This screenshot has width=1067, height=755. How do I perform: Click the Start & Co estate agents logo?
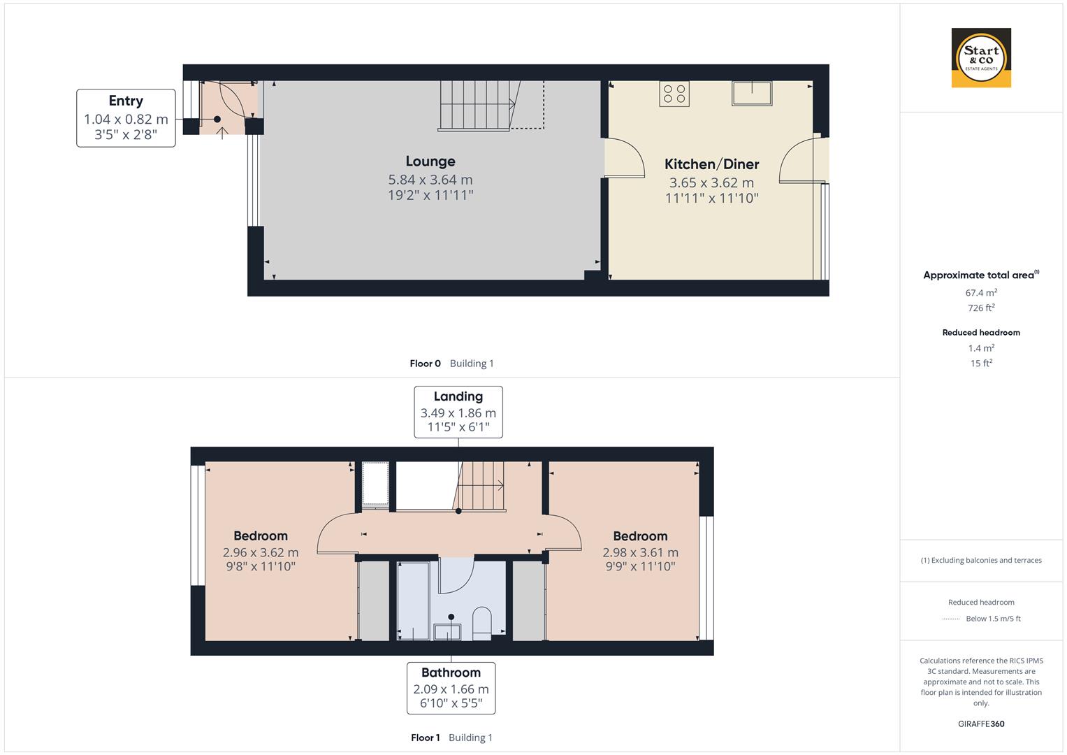click(x=981, y=57)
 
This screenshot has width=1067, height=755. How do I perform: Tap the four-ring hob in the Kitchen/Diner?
click(x=674, y=94)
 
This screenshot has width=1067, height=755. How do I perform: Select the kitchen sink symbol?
click(x=752, y=93)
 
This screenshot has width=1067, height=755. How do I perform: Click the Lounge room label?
click(x=430, y=161)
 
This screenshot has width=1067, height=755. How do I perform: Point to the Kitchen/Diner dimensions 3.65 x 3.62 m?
click(x=711, y=182)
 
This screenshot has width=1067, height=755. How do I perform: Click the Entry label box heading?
click(x=126, y=101)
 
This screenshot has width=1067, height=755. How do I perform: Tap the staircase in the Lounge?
click(x=479, y=106)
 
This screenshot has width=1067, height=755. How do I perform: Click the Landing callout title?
click(x=458, y=396)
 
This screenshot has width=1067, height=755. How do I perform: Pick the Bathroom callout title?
click(x=451, y=673)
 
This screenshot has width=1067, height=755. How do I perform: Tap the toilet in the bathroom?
click(x=481, y=622)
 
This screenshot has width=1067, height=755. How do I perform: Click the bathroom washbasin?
click(x=447, y=631)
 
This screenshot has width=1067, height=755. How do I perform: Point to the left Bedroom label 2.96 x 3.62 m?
click(x=261, y=552)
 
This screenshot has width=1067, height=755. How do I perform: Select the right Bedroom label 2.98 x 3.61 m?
click(x=640, y=552)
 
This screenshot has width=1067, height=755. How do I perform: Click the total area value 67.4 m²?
click(x=981, y=293)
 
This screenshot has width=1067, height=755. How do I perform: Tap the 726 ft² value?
click(x=981, y=308)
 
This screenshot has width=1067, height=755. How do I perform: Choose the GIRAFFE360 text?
click(x=981, y=724)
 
